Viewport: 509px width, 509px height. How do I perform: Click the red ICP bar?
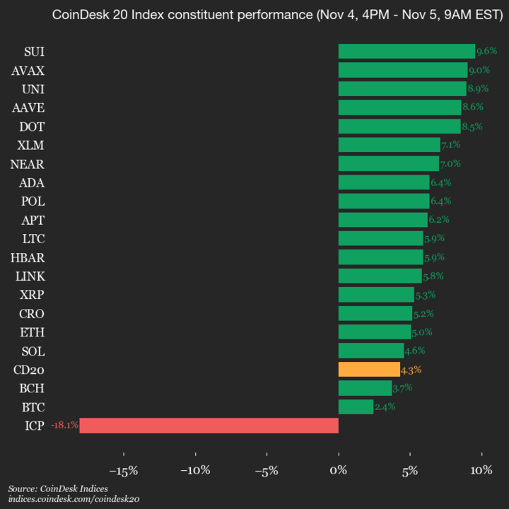point(209,426)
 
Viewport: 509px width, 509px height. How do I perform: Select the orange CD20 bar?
point(369,370)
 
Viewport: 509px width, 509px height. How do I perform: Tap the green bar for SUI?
point(406,51)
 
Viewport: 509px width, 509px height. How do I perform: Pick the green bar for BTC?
point(356,406)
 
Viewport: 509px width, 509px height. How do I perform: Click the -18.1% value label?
point(64,426)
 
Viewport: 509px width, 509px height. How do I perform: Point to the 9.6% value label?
point(486,51)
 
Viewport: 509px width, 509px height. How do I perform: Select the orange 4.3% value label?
point(411,370)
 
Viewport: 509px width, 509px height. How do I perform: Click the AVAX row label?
point(28,70)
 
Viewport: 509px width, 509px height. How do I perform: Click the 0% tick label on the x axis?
point(339,470)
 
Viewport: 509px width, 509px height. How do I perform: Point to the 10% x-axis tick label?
point(481,470)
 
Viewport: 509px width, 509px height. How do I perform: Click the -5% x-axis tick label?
point(267,470)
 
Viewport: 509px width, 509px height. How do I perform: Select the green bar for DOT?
point(399,126)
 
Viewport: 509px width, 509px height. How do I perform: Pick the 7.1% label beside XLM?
point(451,145)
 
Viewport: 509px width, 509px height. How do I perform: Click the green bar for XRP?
point(376,295)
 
